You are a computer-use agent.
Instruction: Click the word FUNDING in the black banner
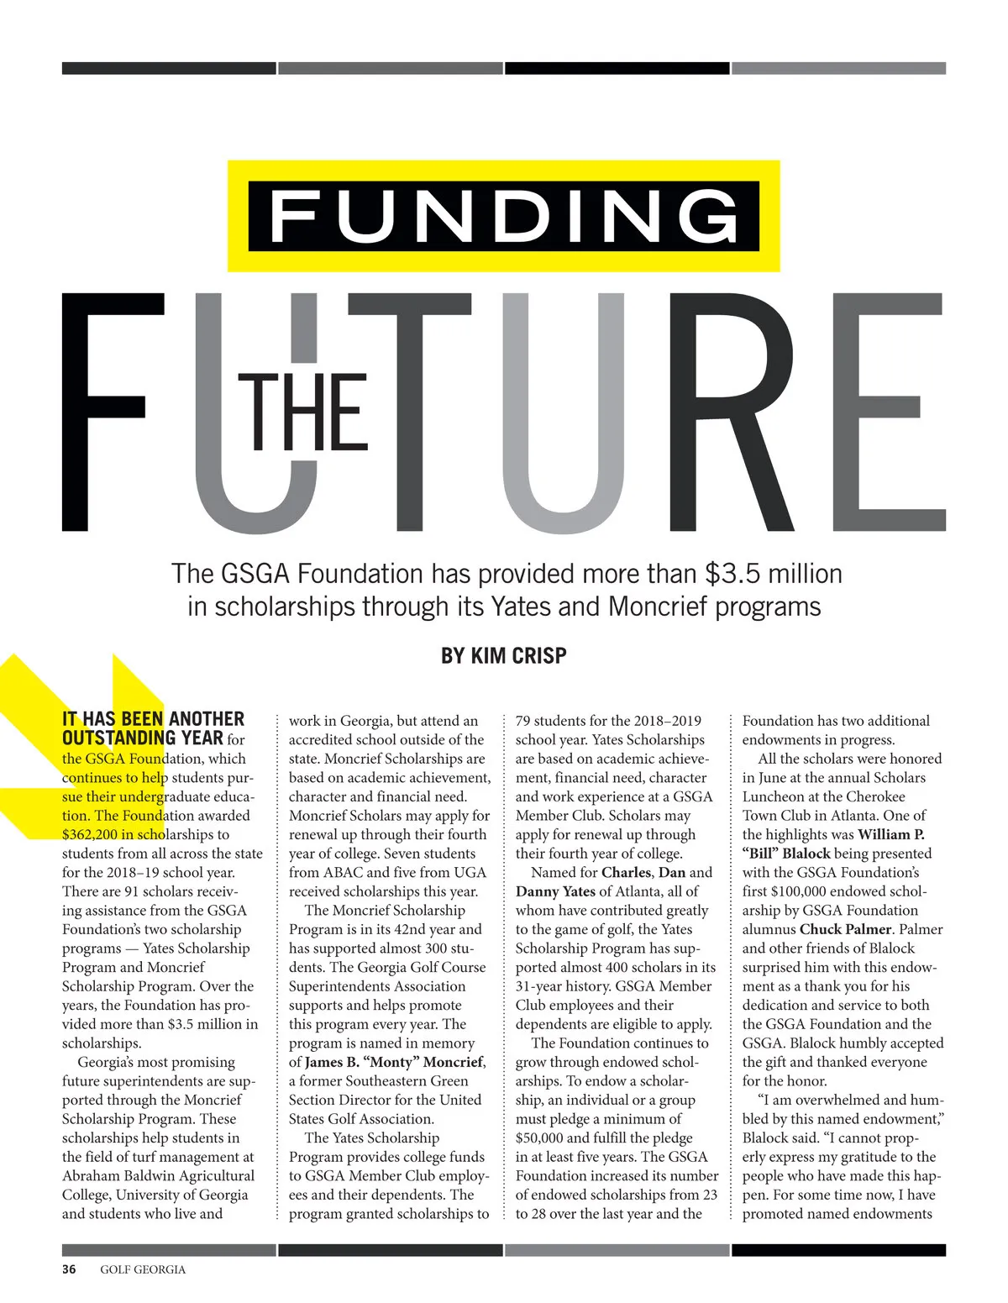tap(504, 217)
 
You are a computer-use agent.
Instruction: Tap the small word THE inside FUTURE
tap(303, 412)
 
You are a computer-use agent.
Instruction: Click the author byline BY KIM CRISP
tap(503, 655)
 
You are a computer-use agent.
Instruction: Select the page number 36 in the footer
tap(69, 1269)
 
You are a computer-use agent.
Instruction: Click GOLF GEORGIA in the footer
tap(143, 1269)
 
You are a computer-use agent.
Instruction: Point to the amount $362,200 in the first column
tap(90, 834)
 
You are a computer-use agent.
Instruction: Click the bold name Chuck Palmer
tap(845, 929)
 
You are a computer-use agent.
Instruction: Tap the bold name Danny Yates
tap(554, 891)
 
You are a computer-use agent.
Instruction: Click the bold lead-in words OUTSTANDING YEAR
tap(143, 738)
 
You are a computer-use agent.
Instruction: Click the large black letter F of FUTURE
tap(109, 412)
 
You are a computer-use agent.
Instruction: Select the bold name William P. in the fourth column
tap(890, 834)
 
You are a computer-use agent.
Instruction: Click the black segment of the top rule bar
tap(617, 68)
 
